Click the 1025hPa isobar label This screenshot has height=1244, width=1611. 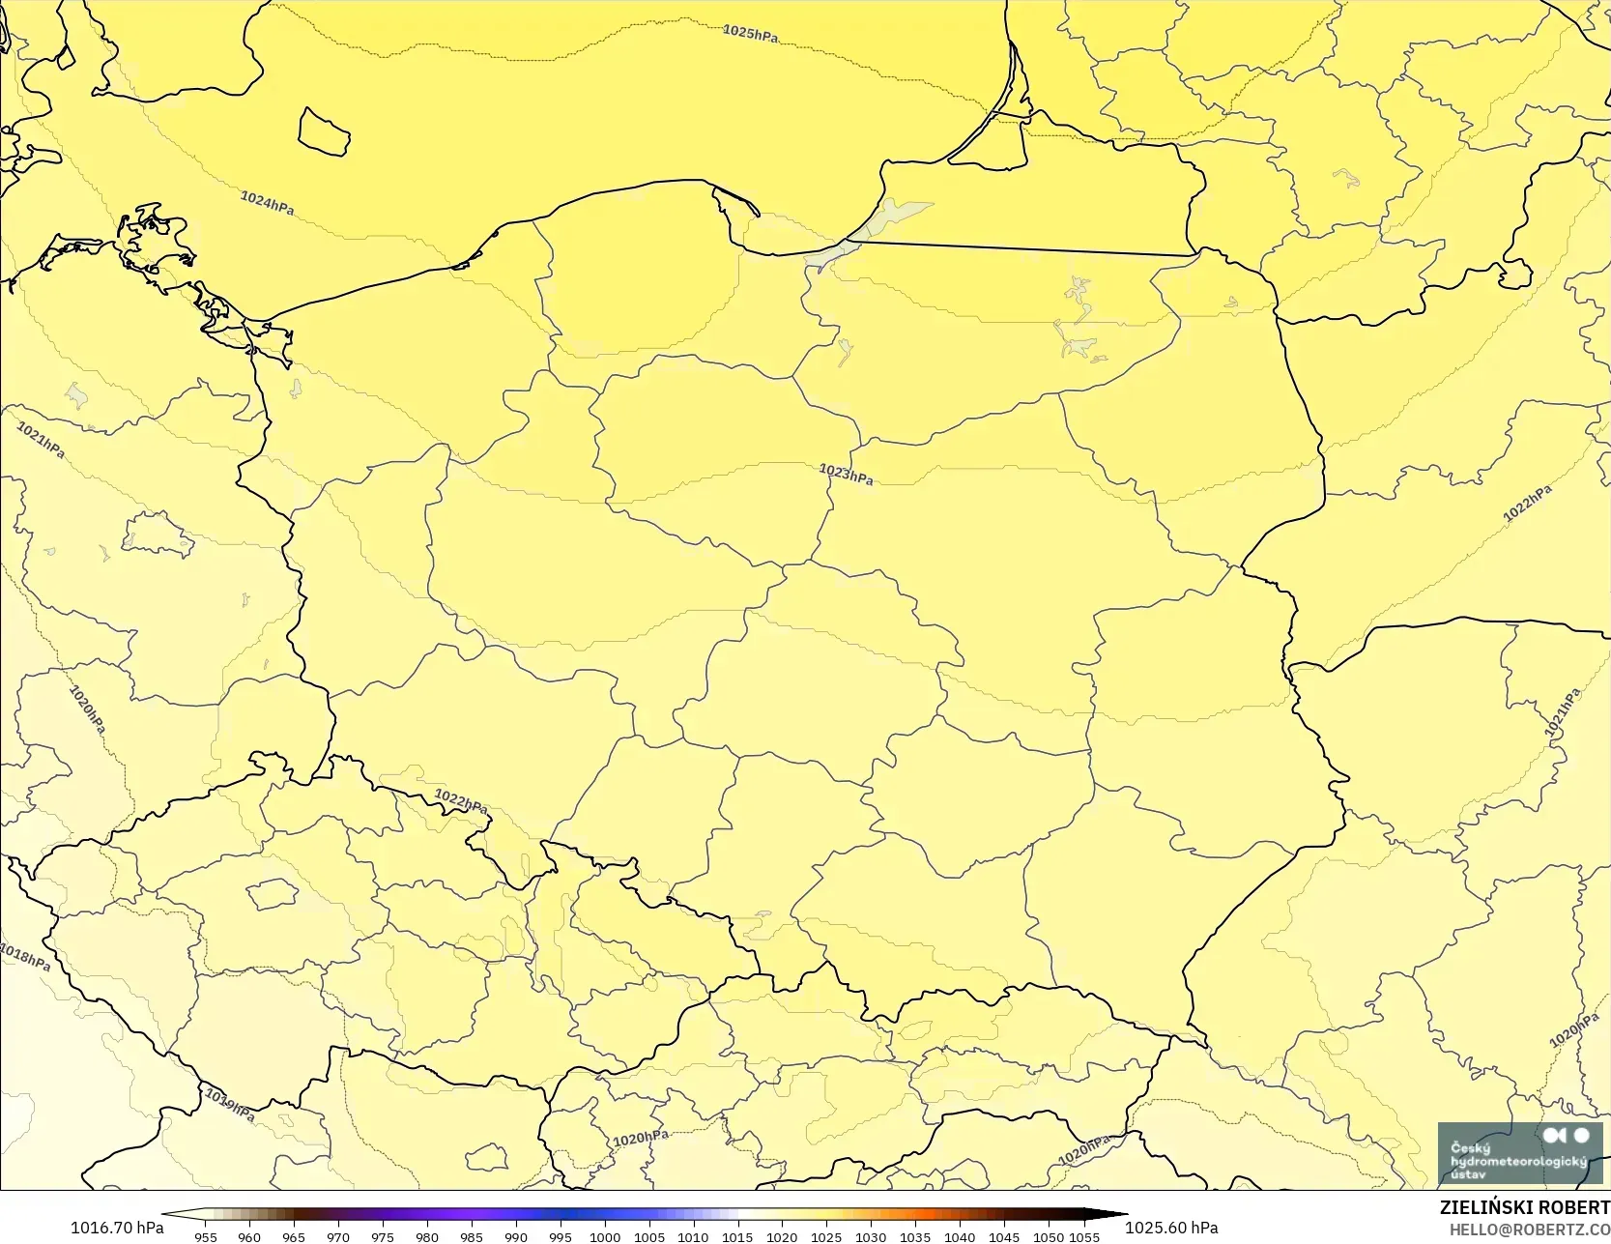[750, 34]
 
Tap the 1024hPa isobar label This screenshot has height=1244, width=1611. [268, 203]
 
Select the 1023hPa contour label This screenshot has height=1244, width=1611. [846, 474]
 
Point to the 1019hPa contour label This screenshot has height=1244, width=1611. [230, 1105]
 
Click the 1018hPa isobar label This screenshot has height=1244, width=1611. [24, 957]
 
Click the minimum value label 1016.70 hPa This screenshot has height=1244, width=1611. [117, 1228]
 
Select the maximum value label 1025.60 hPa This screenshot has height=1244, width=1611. [1171, 1228]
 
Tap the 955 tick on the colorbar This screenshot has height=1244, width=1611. [206, 1237]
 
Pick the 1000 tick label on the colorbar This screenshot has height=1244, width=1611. [605, 1237]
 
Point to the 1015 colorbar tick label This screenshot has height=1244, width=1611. [737, 1237]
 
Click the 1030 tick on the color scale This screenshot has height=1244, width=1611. [871, 1237]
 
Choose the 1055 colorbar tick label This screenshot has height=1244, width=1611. [1085, 1237]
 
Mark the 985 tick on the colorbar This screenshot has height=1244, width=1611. [472, 1237]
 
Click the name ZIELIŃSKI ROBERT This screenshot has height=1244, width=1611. [1524, 1208]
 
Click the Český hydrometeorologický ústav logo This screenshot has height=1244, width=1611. [1519, 1153]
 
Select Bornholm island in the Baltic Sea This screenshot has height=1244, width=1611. [324, 131]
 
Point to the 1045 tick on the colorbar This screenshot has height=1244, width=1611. [1004, 1237]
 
